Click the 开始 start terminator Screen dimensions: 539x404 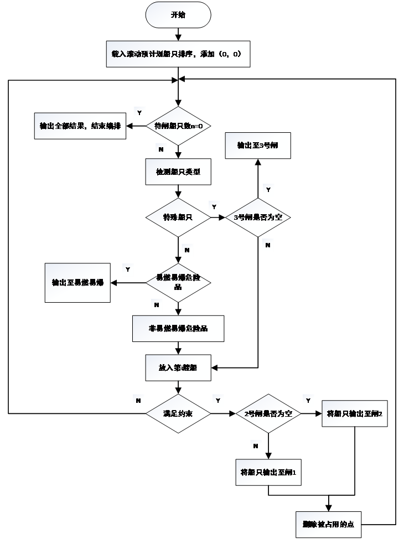(x=178, y=15)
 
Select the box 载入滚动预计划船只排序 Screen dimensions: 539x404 (x=178, y=54)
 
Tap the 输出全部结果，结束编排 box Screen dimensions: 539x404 (x=80, y=126)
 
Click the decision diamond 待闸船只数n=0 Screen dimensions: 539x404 (x=178, y=126)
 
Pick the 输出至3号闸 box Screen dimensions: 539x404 (x=257, y=146)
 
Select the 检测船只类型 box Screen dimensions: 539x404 (x=178, y=172)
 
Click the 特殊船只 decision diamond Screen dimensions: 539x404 (x=178, y=217)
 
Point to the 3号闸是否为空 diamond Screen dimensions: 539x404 (x=258, y=217)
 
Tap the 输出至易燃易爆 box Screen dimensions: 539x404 (x=77, y=283)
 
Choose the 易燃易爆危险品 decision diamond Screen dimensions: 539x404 (x=178, y=283)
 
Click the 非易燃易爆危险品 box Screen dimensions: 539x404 (x=178, y=329)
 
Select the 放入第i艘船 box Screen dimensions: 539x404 (x=178, y=368)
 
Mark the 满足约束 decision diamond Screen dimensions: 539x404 (x=178, y=413)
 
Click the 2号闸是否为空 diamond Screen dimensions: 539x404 (x=268, y=413)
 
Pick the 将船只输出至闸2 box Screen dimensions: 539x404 (x=355, y=413)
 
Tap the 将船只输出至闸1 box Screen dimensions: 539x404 (x=268, y=473)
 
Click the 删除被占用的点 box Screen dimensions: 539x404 (x=328, y=524)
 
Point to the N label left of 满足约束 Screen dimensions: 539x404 (x=138, y=400)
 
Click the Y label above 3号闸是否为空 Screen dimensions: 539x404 (x=268, y=190)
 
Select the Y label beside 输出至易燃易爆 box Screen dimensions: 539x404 (x=128, y=270)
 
